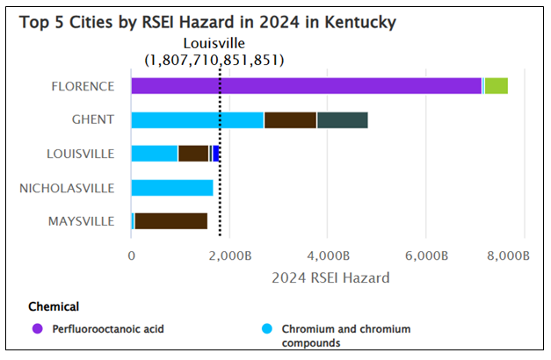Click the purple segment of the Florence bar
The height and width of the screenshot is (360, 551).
306,85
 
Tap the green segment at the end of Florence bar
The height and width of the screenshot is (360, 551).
497,85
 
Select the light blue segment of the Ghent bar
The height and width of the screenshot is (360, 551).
197,119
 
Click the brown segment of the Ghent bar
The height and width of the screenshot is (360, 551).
290,119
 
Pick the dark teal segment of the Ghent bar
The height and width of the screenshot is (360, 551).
342,119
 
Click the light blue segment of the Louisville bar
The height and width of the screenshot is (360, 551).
155,154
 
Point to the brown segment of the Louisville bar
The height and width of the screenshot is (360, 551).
193,154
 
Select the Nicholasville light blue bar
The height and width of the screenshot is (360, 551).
172,187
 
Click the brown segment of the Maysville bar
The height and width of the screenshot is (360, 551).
171,220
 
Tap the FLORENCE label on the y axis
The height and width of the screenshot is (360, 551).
83,86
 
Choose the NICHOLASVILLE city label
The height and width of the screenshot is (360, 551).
67,187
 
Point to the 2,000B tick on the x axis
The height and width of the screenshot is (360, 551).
229,256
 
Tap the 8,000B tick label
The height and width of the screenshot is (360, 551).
511,256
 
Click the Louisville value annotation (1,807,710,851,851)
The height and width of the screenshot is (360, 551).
214,60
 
